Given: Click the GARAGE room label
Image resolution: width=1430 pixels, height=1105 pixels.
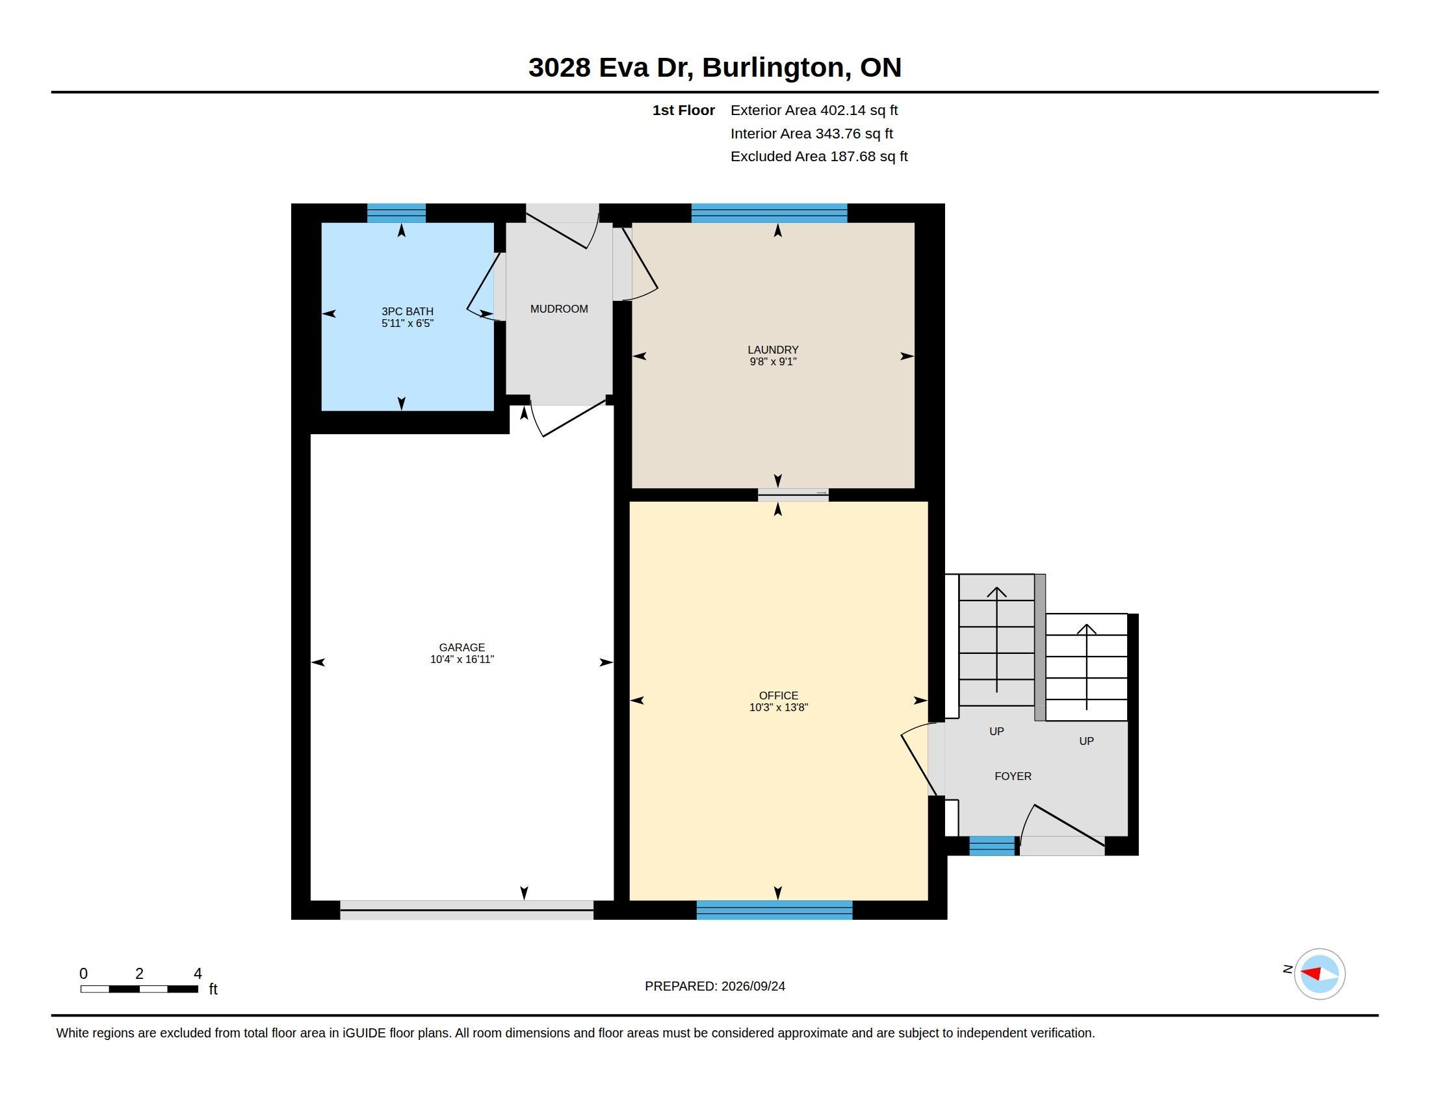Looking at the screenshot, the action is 461,647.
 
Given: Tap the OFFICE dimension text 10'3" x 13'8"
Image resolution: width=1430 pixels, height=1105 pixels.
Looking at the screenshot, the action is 779,707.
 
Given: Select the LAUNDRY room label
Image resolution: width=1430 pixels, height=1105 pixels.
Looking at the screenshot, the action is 773,350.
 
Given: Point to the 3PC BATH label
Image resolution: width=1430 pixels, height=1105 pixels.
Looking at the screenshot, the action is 408,311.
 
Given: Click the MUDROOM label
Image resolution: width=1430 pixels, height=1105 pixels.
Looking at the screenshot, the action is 558,309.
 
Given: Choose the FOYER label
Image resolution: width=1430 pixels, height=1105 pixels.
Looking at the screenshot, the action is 1013,776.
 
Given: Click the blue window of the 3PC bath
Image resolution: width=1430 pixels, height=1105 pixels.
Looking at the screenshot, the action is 396,213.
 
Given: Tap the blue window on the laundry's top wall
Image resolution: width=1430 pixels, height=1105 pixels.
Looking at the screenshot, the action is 770,213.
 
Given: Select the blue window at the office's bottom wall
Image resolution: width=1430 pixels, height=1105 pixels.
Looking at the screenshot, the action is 775,910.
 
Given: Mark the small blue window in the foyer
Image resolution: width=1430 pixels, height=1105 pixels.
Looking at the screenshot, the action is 992,846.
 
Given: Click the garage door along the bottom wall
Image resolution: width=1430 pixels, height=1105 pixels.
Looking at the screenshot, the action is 467,910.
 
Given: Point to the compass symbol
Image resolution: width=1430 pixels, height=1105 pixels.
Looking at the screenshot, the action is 1319,974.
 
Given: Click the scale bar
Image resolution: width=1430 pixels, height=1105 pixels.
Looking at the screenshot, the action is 140,989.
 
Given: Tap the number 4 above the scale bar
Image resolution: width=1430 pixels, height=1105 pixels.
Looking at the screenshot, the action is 198,974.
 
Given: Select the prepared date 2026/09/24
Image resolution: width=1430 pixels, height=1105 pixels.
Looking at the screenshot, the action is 753,986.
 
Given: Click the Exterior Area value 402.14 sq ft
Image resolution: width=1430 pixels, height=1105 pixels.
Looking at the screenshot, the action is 859,110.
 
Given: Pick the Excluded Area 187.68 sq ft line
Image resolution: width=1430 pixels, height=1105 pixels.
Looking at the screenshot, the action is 819,157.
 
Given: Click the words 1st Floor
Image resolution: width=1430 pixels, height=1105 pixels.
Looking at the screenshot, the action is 684,110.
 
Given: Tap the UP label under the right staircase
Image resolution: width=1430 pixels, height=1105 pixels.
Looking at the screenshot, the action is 1086,741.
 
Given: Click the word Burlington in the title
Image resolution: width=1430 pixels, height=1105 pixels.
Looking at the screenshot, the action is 777,68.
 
